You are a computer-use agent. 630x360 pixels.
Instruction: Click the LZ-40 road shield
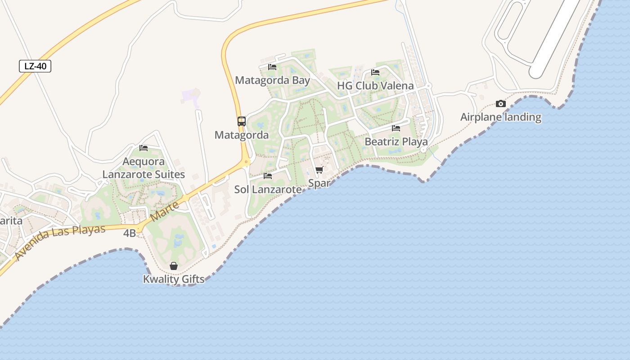pos(35,66)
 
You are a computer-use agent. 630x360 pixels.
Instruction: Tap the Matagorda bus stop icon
pos(242,121)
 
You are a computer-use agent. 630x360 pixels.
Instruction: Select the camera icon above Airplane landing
pos(500,104)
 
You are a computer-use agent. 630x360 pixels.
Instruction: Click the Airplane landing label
pos(500,117)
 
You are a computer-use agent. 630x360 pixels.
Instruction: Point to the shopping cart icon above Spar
pos(319,170)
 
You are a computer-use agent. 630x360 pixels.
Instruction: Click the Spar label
pos(319,183)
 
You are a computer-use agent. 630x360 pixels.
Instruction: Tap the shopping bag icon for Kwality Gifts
pos(174,266)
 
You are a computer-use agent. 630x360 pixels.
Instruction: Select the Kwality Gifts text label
pos(174,279)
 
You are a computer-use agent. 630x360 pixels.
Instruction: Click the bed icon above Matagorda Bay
pos(272,67)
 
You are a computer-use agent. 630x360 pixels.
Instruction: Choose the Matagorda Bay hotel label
pos(272,81)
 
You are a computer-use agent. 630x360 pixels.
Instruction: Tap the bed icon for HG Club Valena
pos(375,72)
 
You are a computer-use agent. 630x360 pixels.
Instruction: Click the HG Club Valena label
pos(375,85)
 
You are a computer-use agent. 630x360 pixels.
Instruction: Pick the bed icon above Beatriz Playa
pos(396,128)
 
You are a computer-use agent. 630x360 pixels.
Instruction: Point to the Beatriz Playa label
pos(396,142)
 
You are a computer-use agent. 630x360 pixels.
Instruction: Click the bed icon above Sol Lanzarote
pos(268,176)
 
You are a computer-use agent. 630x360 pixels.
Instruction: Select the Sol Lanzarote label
pos(268,189)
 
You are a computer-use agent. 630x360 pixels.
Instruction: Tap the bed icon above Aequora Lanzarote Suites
pos(144,148)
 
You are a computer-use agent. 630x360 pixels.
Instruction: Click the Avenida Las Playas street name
pos(60,242)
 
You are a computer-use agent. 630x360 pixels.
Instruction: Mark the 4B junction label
pos(129,233)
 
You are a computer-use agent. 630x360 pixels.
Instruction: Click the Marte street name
pos(164,211)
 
